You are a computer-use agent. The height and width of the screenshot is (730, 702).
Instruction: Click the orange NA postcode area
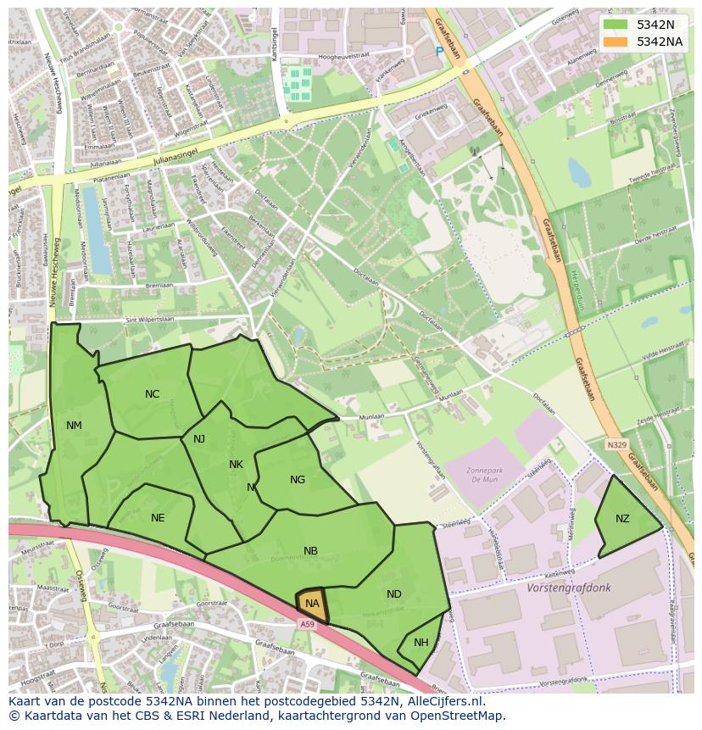coord(312,604)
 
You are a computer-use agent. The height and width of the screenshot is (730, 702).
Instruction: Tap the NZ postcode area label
coord(622,519)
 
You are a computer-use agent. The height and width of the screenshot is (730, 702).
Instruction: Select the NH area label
coord(421,643)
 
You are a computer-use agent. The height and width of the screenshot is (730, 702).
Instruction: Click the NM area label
coord(74,426)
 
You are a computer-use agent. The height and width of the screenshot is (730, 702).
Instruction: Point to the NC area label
coord(152,394)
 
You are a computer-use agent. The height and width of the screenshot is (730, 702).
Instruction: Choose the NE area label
coord(158,518)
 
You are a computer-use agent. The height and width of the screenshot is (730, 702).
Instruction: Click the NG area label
coord(298,480)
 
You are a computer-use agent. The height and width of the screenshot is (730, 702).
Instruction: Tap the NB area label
coord(311,551)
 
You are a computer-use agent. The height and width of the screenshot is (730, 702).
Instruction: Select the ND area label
coord(394,594)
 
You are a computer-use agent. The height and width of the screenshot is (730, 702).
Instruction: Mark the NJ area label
coord(199,439)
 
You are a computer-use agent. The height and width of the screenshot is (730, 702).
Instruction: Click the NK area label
coord(236,465)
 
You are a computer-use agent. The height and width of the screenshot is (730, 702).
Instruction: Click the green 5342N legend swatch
coord(616,25)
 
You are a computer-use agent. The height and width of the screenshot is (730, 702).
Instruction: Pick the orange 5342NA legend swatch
coord(616,42)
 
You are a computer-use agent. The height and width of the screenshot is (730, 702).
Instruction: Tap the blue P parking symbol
coord(439,52)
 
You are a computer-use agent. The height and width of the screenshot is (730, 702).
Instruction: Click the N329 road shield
coord(616,444)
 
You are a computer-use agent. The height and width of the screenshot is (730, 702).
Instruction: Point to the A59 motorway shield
coord(307,624)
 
